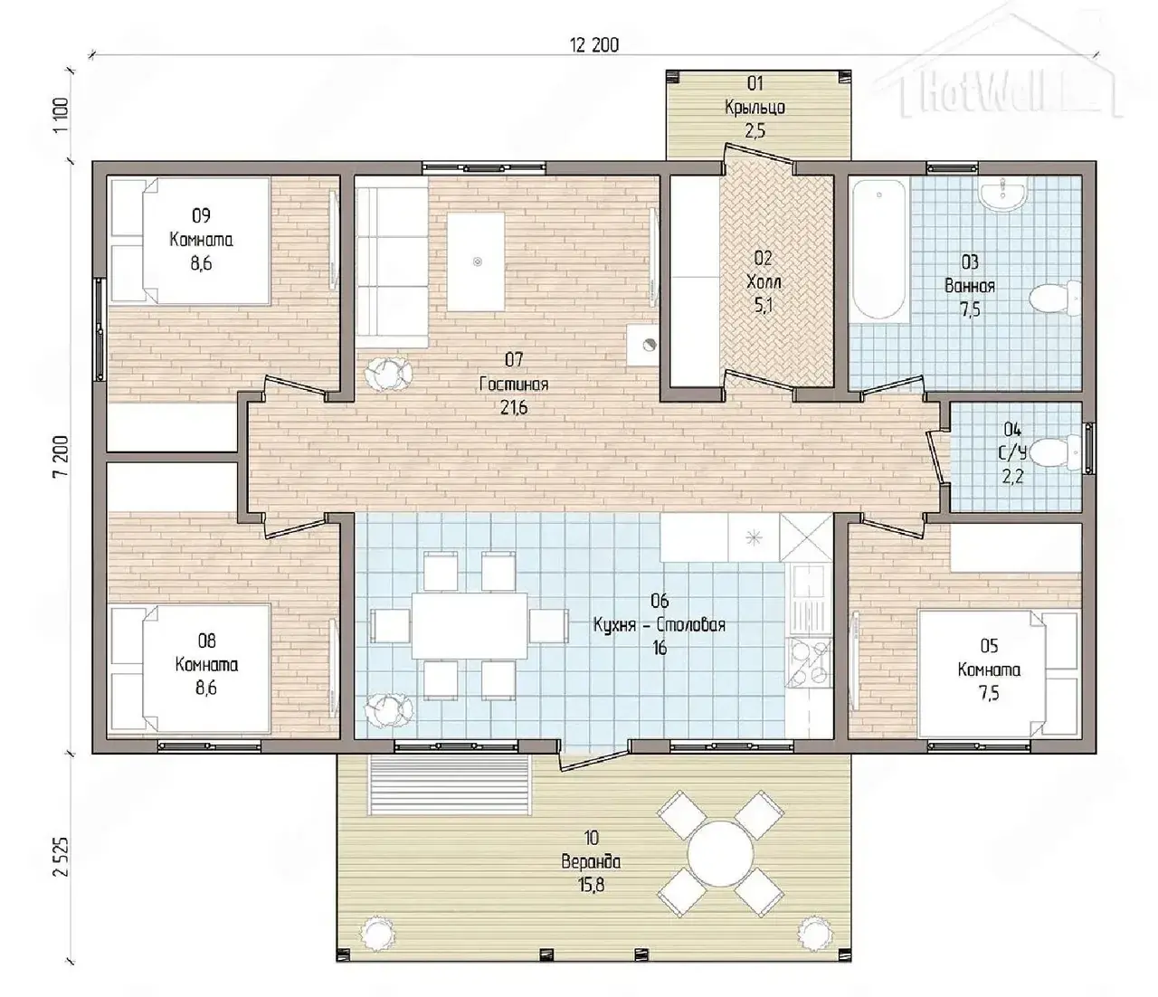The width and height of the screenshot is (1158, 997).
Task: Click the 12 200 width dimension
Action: (x=594, y=45)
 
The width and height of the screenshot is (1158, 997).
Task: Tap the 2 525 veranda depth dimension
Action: (x=62, y=856)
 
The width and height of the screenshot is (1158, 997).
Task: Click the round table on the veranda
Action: (x=720, y=853)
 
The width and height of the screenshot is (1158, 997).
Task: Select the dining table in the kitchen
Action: (x=470, y=626)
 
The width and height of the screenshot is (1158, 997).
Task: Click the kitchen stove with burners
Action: (x=809, y=662)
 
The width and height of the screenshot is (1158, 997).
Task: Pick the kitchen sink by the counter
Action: (x=809, y=598)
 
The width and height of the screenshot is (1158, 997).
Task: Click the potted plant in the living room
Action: (x=389, y=370)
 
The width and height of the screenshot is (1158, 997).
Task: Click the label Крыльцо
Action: (x=755, y=107)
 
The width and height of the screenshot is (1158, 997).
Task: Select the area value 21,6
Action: (x=514, y=408)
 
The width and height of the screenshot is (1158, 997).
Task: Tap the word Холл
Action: (x=763, y=281)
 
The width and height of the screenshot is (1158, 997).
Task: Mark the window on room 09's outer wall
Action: (x=100, y=330)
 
